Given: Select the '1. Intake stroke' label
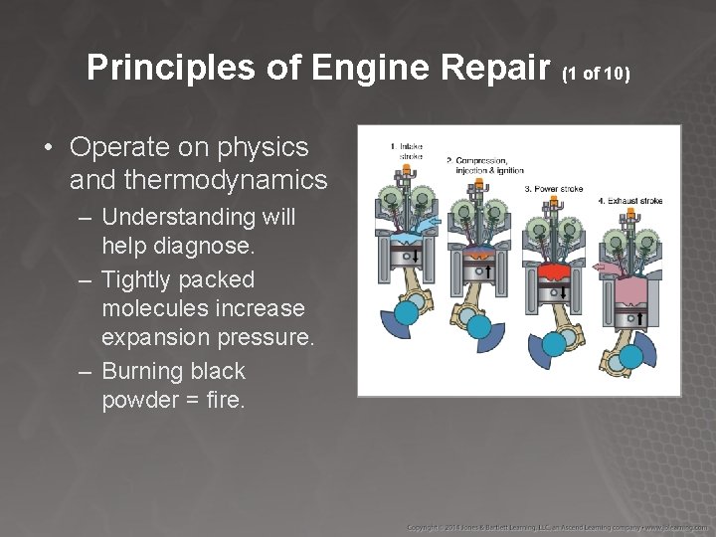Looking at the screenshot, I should tap(406, 151).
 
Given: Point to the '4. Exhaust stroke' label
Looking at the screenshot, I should tap(629, 201).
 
